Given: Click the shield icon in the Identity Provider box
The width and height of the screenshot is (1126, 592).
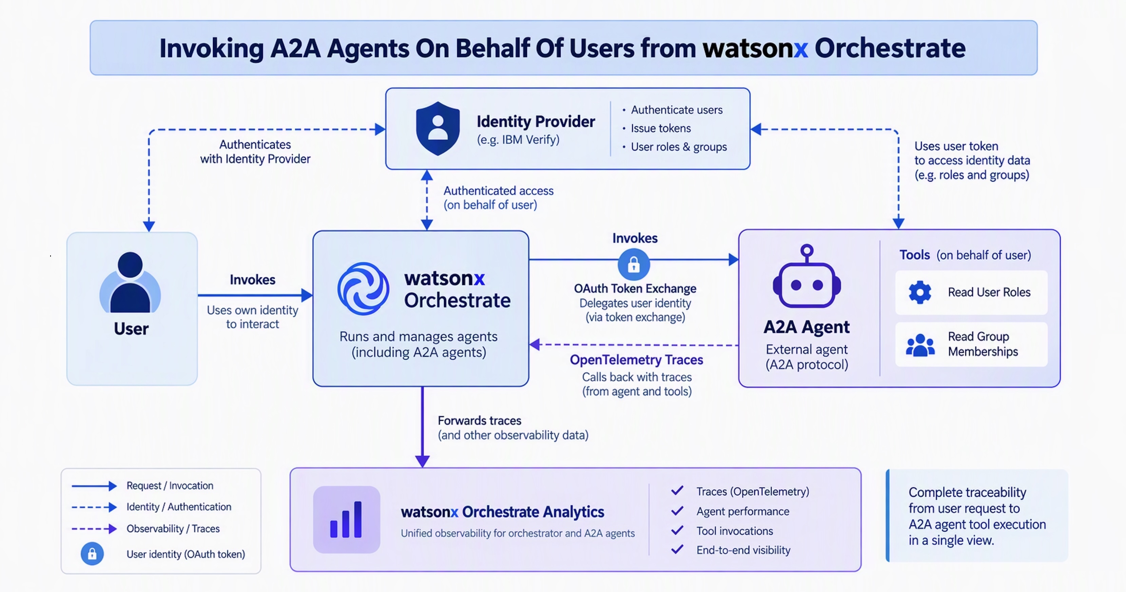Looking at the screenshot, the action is tap(438, 129).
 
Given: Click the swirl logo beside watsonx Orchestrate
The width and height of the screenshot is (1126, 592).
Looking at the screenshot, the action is tap(363, 289).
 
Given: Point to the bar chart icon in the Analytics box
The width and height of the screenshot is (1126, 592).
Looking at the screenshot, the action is tap(346, 519).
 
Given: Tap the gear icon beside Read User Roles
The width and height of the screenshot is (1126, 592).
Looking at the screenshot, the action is tap(920, 292).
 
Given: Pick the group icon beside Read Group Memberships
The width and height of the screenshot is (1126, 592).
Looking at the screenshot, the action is tap(920, 345).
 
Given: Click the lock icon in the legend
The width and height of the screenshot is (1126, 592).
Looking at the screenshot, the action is tap(92, 554).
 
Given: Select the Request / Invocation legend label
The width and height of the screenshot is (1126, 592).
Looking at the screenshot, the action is tap(170, 486).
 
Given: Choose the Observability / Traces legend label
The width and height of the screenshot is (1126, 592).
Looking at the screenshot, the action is tap(173, 529).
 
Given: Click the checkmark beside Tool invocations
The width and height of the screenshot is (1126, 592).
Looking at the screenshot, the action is tap(677, 530).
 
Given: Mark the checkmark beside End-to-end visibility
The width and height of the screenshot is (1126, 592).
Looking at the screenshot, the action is tap(677, 550).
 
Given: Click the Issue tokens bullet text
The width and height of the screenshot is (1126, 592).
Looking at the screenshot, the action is tap(661, 128).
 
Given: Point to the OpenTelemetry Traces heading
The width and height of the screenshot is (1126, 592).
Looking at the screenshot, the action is tap(637, 359).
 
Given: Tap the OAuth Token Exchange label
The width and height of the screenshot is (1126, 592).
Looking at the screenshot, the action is tap(635, 288).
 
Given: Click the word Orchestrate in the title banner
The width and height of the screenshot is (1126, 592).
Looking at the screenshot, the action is tap(890, 48).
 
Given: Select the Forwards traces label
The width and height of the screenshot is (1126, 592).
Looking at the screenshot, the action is tap(480, 420).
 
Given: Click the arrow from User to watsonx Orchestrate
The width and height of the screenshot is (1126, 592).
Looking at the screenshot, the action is tap(255, 295).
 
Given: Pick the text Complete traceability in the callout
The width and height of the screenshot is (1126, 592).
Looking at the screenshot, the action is tap(967, 492).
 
